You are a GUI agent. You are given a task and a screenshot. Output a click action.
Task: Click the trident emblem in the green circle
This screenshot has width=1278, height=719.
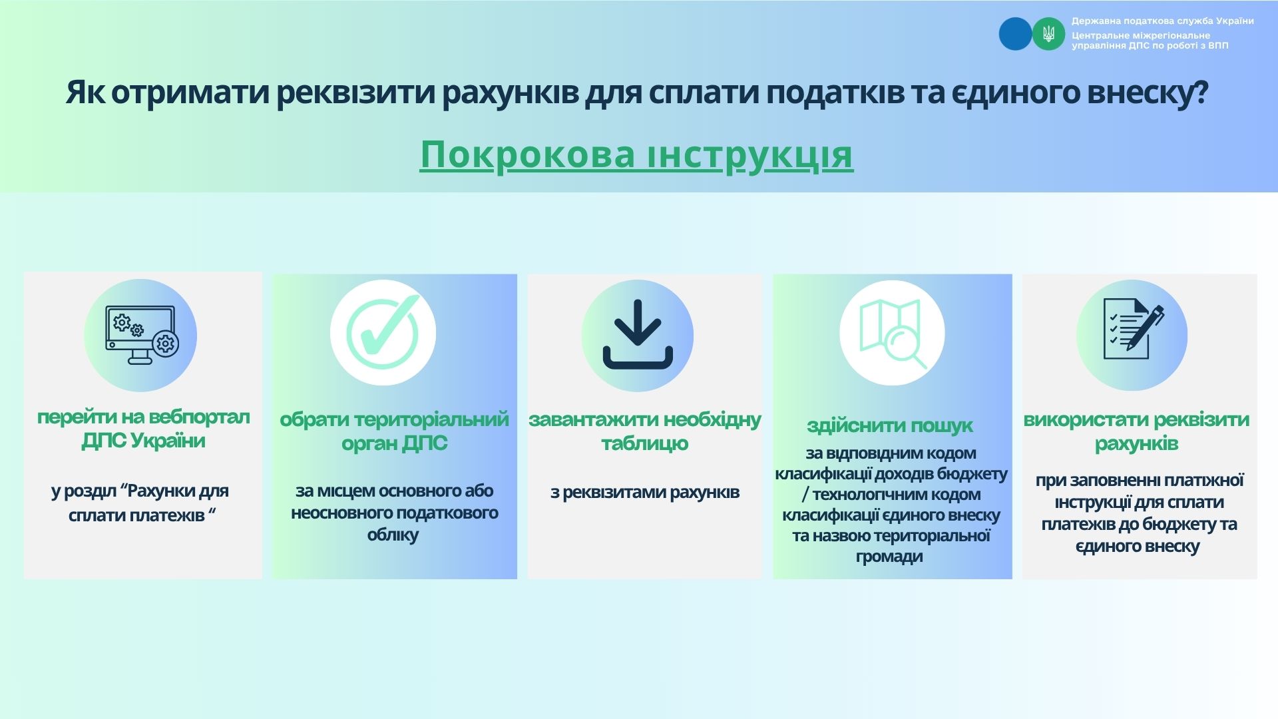(x=1048, y=33)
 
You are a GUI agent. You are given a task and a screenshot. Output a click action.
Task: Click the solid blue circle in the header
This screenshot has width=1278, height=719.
(x=1015, y=33)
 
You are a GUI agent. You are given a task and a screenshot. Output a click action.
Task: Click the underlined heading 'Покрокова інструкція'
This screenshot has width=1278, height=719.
(x=636, y=155)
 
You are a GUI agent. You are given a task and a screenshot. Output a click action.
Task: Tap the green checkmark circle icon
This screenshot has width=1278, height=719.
(x=383, y=332)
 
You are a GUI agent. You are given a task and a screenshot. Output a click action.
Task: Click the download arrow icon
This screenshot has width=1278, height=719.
(x=638, y=334)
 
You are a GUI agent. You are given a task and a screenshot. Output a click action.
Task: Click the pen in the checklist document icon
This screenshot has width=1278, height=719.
(x=1146, y=328)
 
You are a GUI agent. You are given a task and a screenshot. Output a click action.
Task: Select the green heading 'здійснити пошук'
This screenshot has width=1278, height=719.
(x=890, y=425)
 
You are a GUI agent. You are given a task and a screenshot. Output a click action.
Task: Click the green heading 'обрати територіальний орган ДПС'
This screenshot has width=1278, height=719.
(x=394, y=431)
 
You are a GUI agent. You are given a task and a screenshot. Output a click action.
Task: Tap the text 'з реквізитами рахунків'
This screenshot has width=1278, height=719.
(x=645, y=493)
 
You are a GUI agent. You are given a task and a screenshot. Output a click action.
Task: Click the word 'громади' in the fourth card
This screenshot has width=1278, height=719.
(x=889, y=557)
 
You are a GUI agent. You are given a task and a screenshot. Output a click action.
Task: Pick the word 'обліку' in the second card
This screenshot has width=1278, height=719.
(x=393, y=535)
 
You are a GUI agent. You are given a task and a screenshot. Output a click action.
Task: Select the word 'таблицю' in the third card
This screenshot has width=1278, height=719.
(x=644, y=444)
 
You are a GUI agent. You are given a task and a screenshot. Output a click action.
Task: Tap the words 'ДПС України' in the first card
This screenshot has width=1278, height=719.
(x=143, y=441)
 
